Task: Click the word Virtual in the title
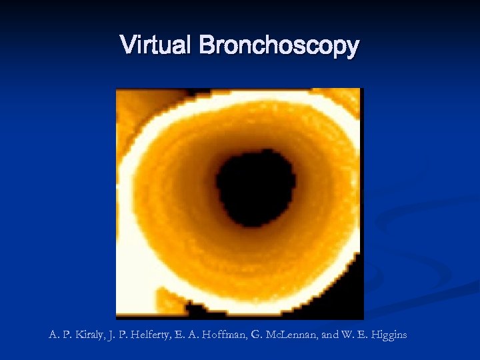[157, 46]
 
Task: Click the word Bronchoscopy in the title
[279, 47]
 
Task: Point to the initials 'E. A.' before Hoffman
[191, 335]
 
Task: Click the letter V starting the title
[127, 45]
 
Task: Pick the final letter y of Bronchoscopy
[353, 49]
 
